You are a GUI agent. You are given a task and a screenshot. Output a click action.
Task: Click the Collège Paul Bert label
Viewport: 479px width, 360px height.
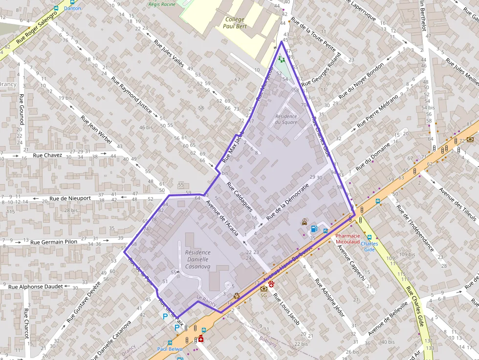234,23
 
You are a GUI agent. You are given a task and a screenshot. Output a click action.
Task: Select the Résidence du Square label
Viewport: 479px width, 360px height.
286,119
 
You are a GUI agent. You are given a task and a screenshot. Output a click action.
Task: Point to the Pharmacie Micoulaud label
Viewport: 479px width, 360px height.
348,238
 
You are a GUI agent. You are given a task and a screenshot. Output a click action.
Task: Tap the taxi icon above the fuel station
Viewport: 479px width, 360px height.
305,221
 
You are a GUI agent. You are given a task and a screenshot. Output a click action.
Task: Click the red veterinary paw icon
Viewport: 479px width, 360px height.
271,284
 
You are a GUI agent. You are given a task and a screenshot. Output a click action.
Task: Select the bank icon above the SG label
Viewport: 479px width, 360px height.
264,288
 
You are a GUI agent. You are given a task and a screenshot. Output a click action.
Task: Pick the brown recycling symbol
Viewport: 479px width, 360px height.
237,295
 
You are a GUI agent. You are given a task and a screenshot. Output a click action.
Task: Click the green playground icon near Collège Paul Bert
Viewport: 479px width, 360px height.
281,60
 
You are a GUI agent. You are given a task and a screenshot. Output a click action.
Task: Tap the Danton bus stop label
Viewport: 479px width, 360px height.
72,8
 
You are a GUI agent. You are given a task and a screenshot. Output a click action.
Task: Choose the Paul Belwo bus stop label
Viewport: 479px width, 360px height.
170,349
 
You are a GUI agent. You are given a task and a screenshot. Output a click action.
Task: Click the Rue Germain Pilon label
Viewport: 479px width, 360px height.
54,241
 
